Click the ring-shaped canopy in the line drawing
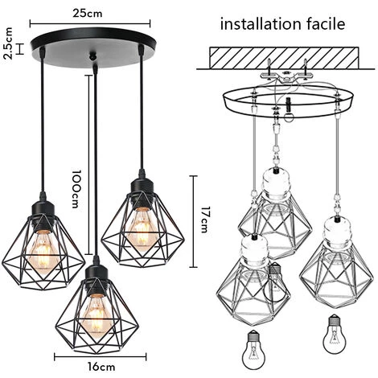click(289, 95)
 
